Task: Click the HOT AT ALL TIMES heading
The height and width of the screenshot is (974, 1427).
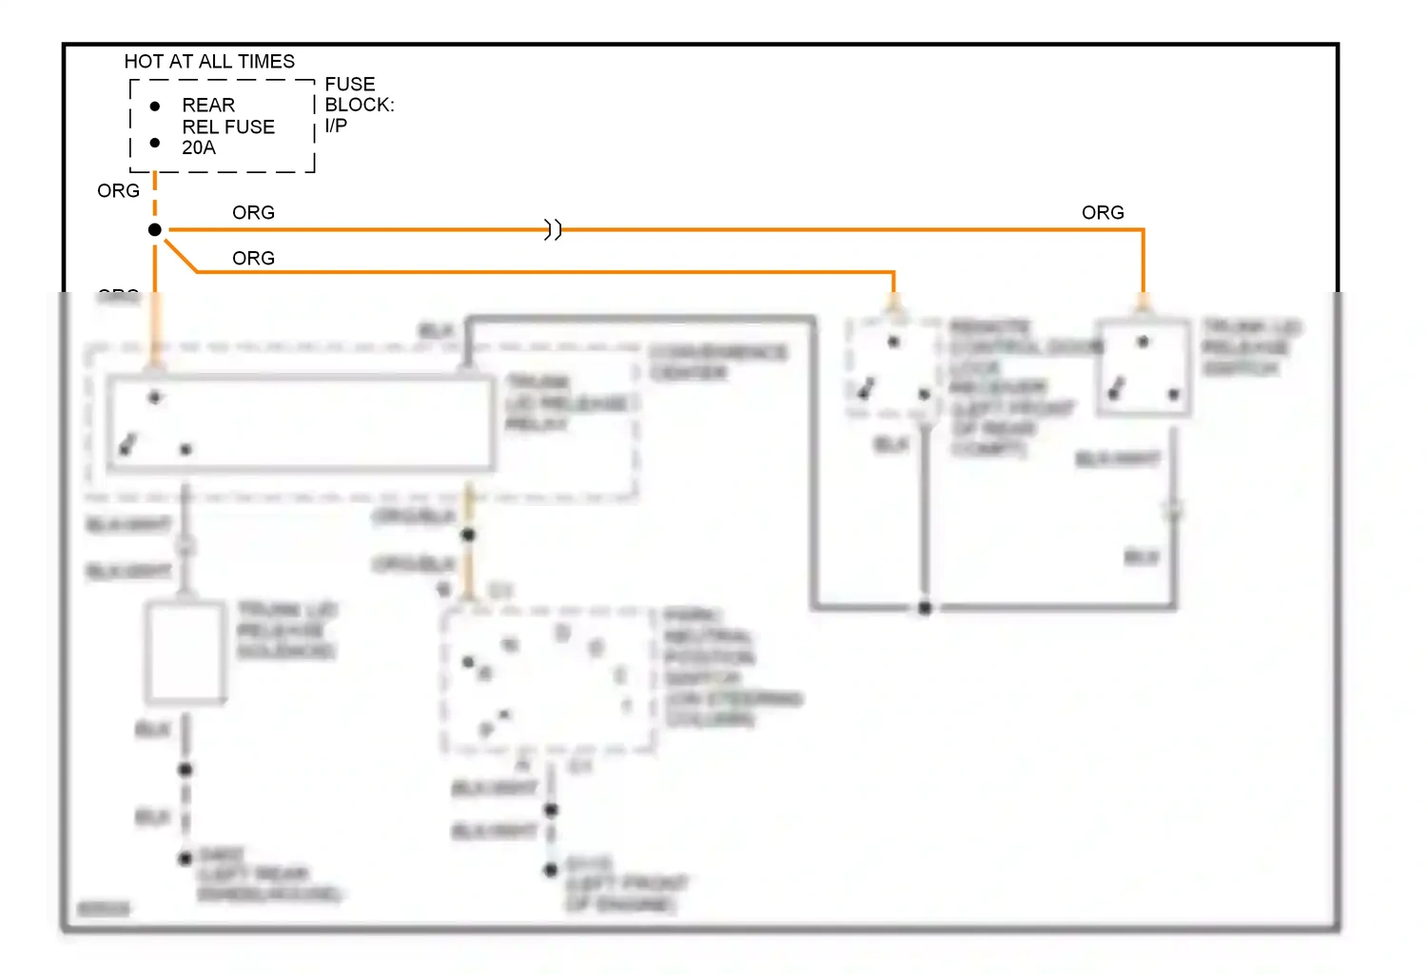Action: tap(209, 62)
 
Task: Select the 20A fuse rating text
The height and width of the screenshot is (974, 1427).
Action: tap(199, 147)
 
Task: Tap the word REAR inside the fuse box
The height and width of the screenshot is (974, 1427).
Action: tap(208, 106)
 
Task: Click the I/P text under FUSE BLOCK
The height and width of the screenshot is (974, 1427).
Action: tap(336, 126)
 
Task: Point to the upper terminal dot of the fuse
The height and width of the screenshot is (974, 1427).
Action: tap(155, 106)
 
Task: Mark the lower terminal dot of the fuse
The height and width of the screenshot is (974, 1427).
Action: tap(155, 143)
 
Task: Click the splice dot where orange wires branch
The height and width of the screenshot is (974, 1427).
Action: tap(155, 230)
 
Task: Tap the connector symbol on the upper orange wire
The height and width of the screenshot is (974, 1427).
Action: tap(553, 230)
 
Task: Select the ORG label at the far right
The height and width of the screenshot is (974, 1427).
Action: tap(1103, 213)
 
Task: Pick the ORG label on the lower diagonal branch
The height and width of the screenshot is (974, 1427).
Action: tap(253, 259)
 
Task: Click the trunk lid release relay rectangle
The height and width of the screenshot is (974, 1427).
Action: tap(301, 423)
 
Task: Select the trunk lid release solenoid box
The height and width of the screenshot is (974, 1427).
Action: tap(186, 653)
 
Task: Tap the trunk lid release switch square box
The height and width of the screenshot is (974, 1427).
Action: tap(1143, 368)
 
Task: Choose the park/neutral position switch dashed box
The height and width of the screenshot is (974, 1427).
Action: tap(549, 680)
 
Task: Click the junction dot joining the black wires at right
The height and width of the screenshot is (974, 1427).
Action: tap(925, 608)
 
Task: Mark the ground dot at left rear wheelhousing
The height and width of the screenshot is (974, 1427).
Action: tap(186, 859)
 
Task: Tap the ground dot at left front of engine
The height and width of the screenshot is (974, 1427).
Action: tap(551, 869)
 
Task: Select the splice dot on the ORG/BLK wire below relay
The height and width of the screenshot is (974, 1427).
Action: tap(468, 536)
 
